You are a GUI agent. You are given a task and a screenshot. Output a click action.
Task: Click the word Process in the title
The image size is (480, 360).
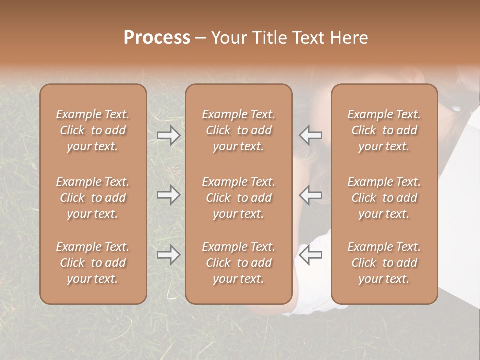[x=157, y=38]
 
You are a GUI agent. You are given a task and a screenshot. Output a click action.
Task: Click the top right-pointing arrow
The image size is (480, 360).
[x=168, y=135]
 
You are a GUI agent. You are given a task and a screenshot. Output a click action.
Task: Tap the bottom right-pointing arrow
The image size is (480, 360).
[x=168, y=255]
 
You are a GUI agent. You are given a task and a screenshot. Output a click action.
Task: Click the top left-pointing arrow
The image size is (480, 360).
[x=311, y=135]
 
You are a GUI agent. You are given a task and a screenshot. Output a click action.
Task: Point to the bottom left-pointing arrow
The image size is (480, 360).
[x=311, y=255]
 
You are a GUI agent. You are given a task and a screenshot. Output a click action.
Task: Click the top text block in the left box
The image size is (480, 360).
[x=93, y=130]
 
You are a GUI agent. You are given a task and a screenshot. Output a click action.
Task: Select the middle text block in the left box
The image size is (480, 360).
[x=93, y=198]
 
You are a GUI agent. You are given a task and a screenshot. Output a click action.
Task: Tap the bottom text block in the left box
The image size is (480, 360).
[x=93, y=263]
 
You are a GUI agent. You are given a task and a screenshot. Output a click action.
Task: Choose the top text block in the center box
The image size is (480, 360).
[x=239, y=130]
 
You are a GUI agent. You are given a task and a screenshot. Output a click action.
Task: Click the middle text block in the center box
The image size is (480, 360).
[x=239, y=198]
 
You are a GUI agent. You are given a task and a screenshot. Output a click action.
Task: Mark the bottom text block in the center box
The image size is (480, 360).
[x=239, y=263]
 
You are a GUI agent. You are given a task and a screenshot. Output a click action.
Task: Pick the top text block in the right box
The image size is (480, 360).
[x=384, y=130]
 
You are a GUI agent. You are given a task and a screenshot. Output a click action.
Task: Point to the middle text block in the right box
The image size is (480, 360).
[x=384, y=198]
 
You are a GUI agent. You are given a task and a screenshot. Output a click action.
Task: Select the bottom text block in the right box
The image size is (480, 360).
[x=384, y=263]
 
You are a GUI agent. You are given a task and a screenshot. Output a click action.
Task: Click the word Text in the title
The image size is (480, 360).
[x=308, y=38]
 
